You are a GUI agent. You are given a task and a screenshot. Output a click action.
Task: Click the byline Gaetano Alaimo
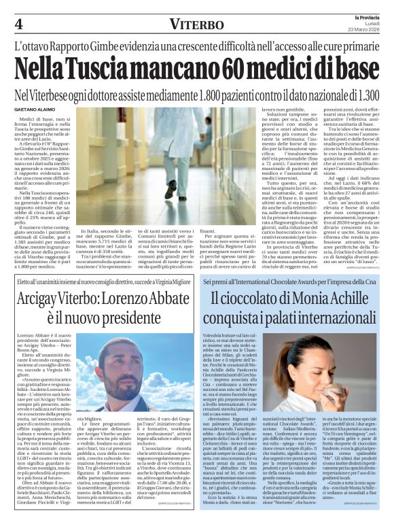click(x=36, y=110)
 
